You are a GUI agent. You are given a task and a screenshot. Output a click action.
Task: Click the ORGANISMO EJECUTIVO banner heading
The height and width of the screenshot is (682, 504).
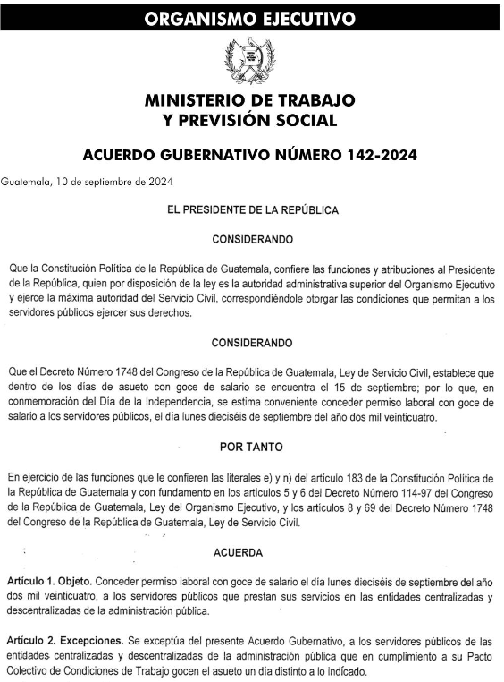251,18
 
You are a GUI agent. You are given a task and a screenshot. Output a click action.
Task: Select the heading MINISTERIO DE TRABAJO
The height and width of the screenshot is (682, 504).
250,99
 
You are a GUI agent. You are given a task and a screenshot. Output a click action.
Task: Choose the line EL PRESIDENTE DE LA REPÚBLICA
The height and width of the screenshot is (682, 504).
253,210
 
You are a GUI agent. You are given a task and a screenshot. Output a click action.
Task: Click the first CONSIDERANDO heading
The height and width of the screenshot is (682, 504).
253,240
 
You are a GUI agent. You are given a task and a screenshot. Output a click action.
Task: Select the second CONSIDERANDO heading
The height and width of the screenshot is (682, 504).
253,343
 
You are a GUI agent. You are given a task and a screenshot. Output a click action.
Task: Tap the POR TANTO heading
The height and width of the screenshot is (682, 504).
253,446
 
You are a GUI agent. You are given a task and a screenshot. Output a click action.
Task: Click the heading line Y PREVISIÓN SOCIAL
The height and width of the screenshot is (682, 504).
250,120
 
